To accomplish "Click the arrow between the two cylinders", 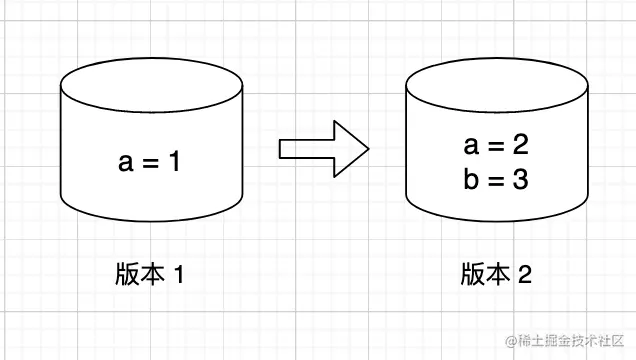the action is tap(322, 150).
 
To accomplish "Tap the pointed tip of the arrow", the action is tap(368, 150).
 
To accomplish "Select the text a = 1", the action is tap(150, 162).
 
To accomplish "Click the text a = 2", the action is tap(495, 146).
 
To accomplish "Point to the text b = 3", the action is tap(495, 181).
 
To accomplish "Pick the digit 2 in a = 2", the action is tap(519, 146).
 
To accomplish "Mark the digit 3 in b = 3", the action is tap(519, 181).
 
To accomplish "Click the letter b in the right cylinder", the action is tap(471, 181).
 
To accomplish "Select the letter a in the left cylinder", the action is tap(126, 163).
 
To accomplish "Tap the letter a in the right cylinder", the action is tap(471, 147).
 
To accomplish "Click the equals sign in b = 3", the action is tap(495, 182).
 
